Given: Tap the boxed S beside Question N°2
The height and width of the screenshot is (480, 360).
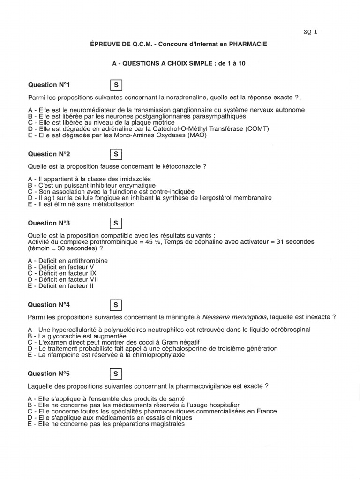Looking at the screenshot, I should [115, 154].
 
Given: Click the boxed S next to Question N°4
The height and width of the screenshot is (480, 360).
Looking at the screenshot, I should [115, 305].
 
